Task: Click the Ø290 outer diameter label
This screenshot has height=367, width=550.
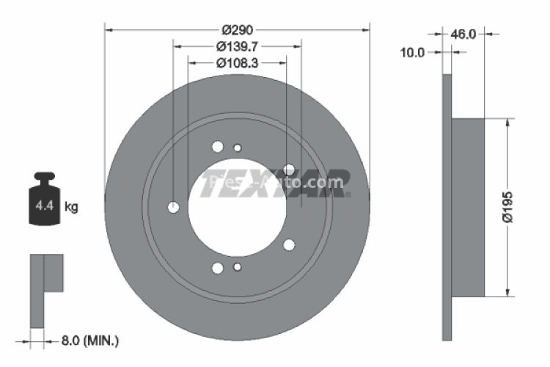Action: click(237, 30)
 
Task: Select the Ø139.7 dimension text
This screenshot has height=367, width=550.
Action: click(237, 46)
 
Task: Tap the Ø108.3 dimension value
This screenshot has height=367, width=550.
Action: click(237, 62)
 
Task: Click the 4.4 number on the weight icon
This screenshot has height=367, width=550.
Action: click(43, 207)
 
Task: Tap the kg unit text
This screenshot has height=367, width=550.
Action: click(71, 207)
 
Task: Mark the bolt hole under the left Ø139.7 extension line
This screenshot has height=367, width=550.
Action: click(173, 207)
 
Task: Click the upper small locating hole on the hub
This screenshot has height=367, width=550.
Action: click(237, 148)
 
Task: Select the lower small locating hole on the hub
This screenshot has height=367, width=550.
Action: click(237, 267)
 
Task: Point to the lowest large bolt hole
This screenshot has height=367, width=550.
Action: click(217, 269)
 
